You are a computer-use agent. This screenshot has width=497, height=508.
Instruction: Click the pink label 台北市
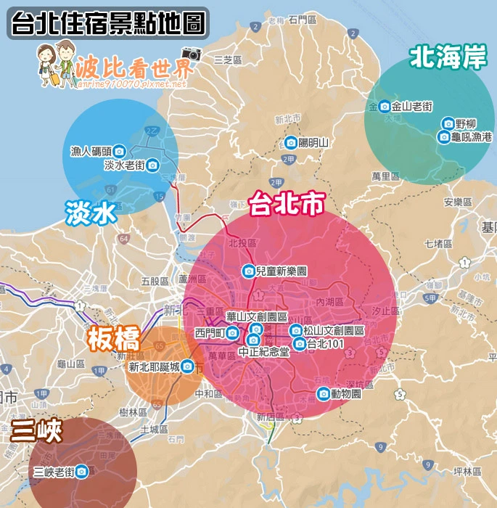286,205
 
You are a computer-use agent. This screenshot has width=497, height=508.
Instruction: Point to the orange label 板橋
112,339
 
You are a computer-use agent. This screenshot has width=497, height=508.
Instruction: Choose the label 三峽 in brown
36,431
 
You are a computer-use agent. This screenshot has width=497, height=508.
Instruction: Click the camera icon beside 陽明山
290,142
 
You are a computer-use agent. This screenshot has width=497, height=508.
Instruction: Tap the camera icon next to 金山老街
385,106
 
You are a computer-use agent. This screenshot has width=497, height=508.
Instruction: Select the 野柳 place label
467,123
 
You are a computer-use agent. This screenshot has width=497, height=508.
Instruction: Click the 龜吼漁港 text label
472,136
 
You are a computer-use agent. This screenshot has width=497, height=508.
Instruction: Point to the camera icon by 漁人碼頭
121,152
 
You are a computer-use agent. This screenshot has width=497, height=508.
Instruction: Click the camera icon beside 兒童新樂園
248,271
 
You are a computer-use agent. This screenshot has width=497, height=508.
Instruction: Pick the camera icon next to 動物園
323,394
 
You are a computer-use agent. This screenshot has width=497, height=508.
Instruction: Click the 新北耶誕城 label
153,367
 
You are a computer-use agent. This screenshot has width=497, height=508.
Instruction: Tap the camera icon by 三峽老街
83,472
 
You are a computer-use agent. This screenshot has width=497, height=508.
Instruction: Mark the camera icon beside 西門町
232,333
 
